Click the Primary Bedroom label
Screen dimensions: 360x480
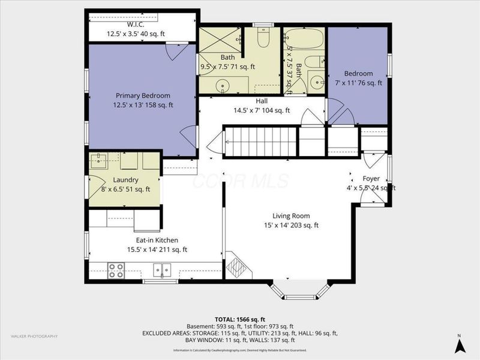pyautogui.click(x=143, y=95)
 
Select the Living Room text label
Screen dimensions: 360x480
pyautogui.click(x=291, y=216)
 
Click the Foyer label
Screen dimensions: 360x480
pyautogui.click(x=371, y=178)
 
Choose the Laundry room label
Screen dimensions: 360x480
pyautogui.click(x=125, y=180)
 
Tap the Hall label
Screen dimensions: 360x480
pyautogui.click(x=261, y=101)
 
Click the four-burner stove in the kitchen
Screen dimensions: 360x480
pyautogui.click(x=116, y=271)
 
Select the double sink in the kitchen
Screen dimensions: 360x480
pyautogui.click(x=161, y=269)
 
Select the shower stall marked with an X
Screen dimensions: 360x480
pyautogui.click(x=220, y=40)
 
